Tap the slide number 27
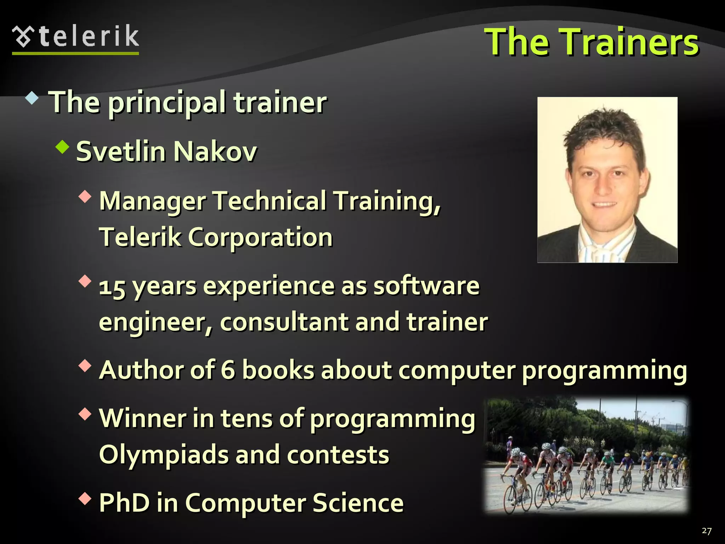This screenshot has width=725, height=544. coord(706,531)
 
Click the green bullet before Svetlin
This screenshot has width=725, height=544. coord(62,146)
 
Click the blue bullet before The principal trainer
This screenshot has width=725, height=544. coord(32,98)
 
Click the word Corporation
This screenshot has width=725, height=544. coord(260,237)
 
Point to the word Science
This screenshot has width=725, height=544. coord(358,503)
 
